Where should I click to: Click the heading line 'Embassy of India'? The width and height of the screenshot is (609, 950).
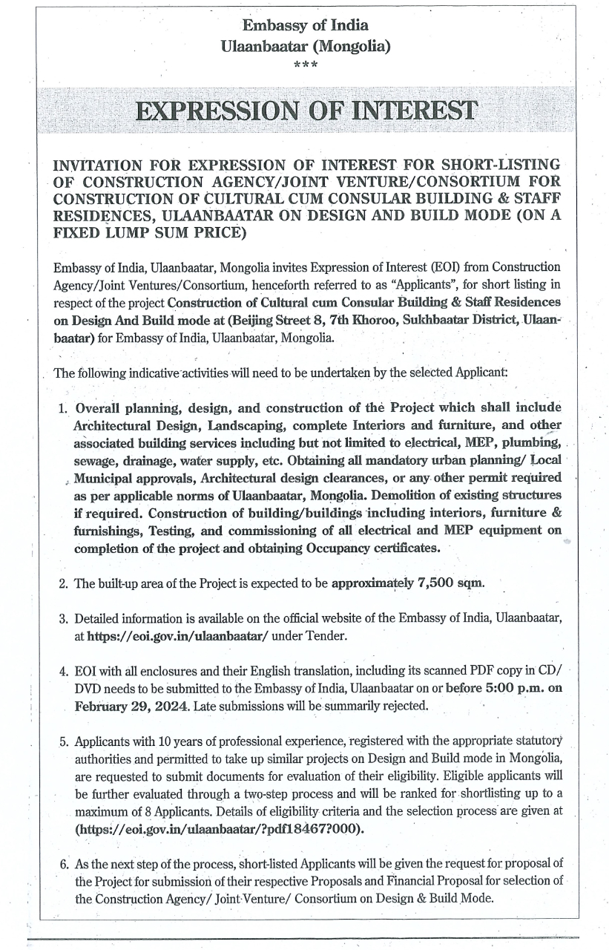click(306, 25)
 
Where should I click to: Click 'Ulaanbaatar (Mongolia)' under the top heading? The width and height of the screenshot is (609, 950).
click(306, 45)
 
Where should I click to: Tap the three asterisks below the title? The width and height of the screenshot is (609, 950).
click(306, 65)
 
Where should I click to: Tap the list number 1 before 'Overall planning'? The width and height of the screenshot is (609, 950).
click(63, 408)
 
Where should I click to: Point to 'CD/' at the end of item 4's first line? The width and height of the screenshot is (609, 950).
click(549, 670)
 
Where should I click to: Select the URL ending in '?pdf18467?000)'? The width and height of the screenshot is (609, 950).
click(220, 828)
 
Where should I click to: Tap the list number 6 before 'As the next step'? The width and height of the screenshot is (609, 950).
click(63, 864)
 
